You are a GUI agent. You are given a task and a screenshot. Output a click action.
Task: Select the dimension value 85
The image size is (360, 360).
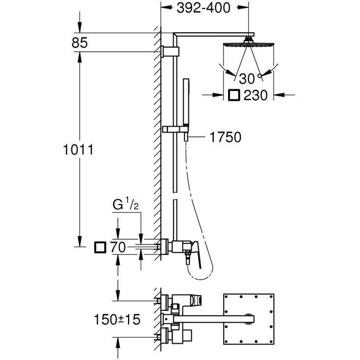[x=79, y=43]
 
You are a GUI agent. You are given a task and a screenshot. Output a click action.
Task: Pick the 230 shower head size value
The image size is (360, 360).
[x=255, y=95]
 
